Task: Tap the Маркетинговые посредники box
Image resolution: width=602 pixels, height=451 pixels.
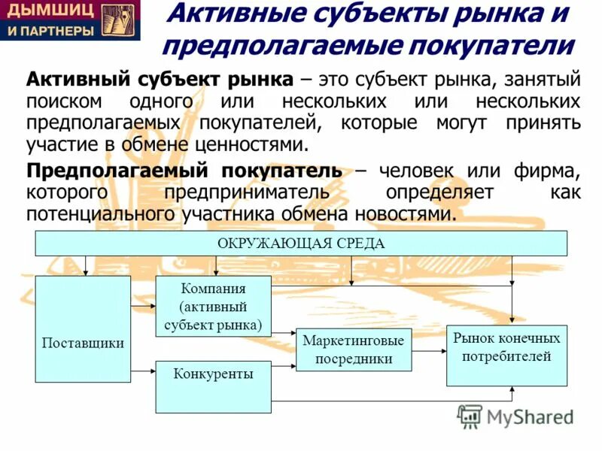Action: (354, 350)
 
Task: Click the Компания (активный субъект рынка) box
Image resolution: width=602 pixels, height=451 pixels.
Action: (213, 305)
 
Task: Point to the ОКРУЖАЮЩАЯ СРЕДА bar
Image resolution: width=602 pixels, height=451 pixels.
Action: (301, 244)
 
